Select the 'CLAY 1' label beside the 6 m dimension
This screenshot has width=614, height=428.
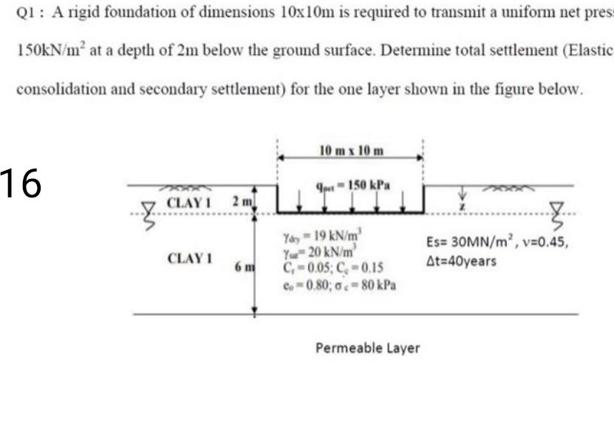[x=191, y=259]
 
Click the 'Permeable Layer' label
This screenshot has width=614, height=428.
[x=367, y=347]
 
